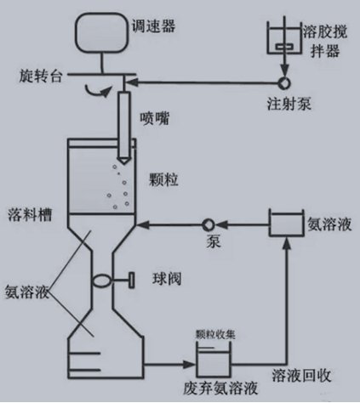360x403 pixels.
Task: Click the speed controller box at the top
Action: tap(101, 32)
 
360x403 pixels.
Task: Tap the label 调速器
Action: tap(153, 26)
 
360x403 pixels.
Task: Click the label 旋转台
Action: tap(41, 76)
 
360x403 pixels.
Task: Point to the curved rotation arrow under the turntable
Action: tap(98, 92)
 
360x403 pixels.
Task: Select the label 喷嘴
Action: tap(154, 118)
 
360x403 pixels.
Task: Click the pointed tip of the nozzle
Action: tap(123, 163)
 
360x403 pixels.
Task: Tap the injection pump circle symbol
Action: tap(284, 82)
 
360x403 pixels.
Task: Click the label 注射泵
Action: tap(289, 104)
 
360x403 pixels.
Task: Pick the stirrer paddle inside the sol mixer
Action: tap(284, 47)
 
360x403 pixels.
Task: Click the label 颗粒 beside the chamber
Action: tap(163, 179)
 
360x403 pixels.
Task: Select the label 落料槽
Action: tap(30, 214)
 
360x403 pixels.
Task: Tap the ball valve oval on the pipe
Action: tap(101, 281)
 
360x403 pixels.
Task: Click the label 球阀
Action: tap(167, 280)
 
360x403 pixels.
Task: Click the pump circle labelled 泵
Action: tap(209, 224)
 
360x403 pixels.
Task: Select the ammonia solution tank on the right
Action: tap(286, 223)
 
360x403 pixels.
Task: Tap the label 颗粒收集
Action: tap(215, 335)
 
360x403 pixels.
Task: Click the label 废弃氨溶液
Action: tap(220, 389)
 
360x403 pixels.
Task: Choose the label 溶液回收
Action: tap(301, 376)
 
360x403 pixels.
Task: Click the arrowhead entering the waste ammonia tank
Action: tap(190, 365)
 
